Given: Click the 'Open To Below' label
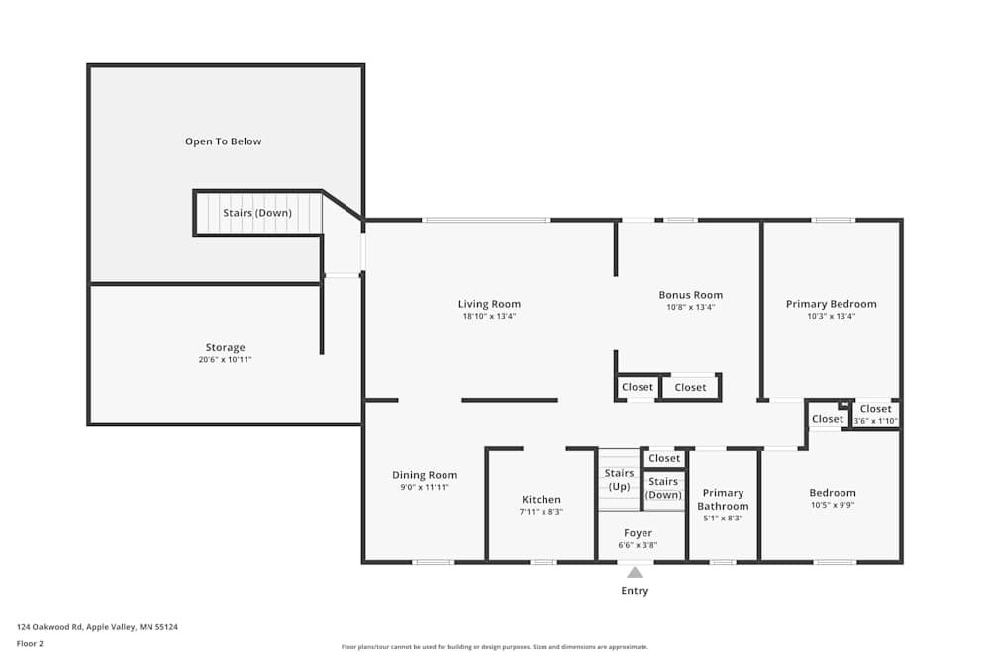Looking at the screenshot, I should point(224,141).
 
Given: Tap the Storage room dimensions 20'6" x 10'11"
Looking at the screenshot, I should point(225,360).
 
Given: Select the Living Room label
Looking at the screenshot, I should point(489,304).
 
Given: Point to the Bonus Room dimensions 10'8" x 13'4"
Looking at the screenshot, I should point(690,308).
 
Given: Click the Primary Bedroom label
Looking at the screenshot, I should point(831,304).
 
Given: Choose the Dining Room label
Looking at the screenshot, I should point(425,475).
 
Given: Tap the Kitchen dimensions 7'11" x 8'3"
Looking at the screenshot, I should point(542,512).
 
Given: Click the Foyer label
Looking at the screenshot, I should point(638,533).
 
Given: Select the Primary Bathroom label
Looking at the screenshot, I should point(723,499).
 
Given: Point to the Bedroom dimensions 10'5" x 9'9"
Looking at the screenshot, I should point(832,505).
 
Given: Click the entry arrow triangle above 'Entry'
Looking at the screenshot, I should point(635,571).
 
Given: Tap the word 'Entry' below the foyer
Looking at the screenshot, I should point(635,591).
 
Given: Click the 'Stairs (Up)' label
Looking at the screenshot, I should point(619,480).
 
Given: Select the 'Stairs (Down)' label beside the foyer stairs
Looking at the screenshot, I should point(663,488).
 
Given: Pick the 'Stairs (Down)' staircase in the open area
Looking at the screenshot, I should point(257,213).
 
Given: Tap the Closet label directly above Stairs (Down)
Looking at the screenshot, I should point(664,458).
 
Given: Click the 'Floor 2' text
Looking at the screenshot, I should point(30,643).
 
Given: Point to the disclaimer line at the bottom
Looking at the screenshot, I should point(495,647).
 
